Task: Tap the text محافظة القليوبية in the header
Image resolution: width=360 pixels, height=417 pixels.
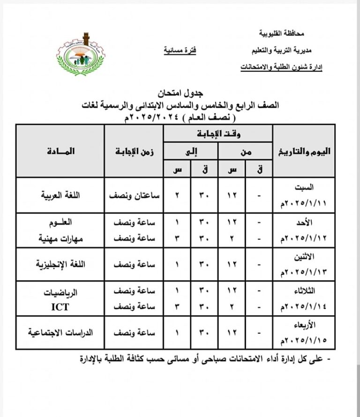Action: point(282,34)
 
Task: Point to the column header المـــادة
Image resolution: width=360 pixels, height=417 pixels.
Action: point(60,151)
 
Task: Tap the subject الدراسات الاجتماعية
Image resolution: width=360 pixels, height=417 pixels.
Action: point(60,332)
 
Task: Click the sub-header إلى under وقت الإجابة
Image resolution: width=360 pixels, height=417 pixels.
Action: point(190,151)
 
